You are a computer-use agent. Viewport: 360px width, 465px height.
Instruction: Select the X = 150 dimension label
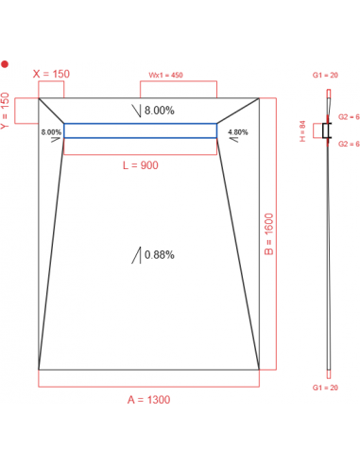coord(51,72)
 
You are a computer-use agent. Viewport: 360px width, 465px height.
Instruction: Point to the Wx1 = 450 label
coord(165,75)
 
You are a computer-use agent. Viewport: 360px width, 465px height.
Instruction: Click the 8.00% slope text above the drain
coord(159,111)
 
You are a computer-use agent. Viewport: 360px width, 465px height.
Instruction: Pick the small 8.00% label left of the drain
coord(51,132)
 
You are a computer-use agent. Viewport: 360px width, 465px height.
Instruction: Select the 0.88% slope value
coord(159,254)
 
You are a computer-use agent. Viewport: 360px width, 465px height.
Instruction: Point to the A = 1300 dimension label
coord(148,400)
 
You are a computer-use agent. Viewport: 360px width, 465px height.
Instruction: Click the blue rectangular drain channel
coord(140,130)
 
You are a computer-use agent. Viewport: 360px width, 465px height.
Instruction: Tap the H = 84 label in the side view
coord(302,129)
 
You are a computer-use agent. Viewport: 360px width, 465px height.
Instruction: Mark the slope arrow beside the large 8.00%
coord(137,112)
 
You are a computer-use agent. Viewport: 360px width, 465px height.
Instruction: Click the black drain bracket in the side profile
coord(327,131)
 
